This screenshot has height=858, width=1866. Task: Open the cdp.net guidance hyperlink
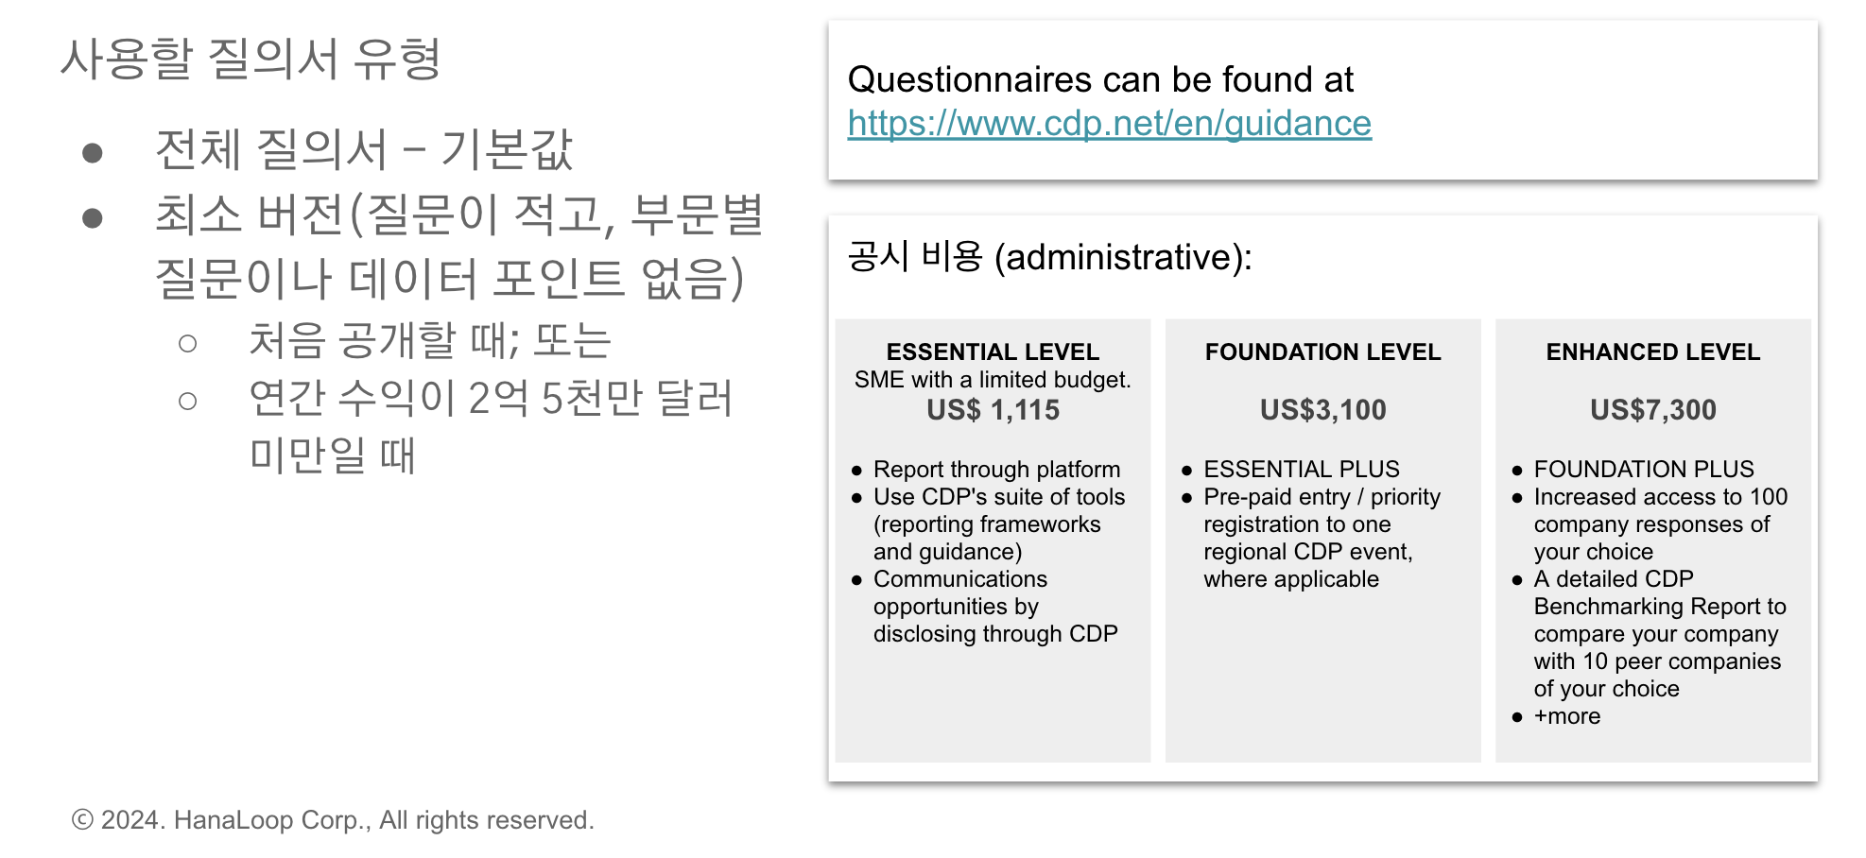click(x=1109, y=124)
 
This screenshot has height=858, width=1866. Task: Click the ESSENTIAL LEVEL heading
click(x=993, y=352)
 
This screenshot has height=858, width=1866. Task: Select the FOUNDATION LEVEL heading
click(x=1322, y=352)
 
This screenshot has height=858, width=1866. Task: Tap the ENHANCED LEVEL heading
click(x=1652, y=352)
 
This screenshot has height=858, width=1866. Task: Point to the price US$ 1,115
click(x=993, y=410)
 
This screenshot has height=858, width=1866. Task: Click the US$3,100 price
click(x=1322, y=410)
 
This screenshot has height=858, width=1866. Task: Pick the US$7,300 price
click(x=1652, y=410)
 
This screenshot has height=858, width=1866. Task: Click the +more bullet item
click(x=1566, y=716)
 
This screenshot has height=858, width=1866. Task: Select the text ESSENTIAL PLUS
click(x=1301, y=470)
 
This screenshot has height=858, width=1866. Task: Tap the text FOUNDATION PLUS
click(x=1643, y=470)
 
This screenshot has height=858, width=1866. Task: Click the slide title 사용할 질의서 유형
click(x=251, y=59)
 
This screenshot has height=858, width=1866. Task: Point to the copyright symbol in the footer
click(x=83, y=819)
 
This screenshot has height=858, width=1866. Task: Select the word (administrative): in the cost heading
click(x=1123, y=257)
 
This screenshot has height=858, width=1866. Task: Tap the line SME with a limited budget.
click(x=993, y=380)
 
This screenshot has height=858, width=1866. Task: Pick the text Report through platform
click(x=996, y=470)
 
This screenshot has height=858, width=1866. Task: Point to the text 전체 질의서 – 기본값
click(x=364, y=149)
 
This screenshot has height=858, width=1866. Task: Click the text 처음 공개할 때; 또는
click(x=430, y=340)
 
